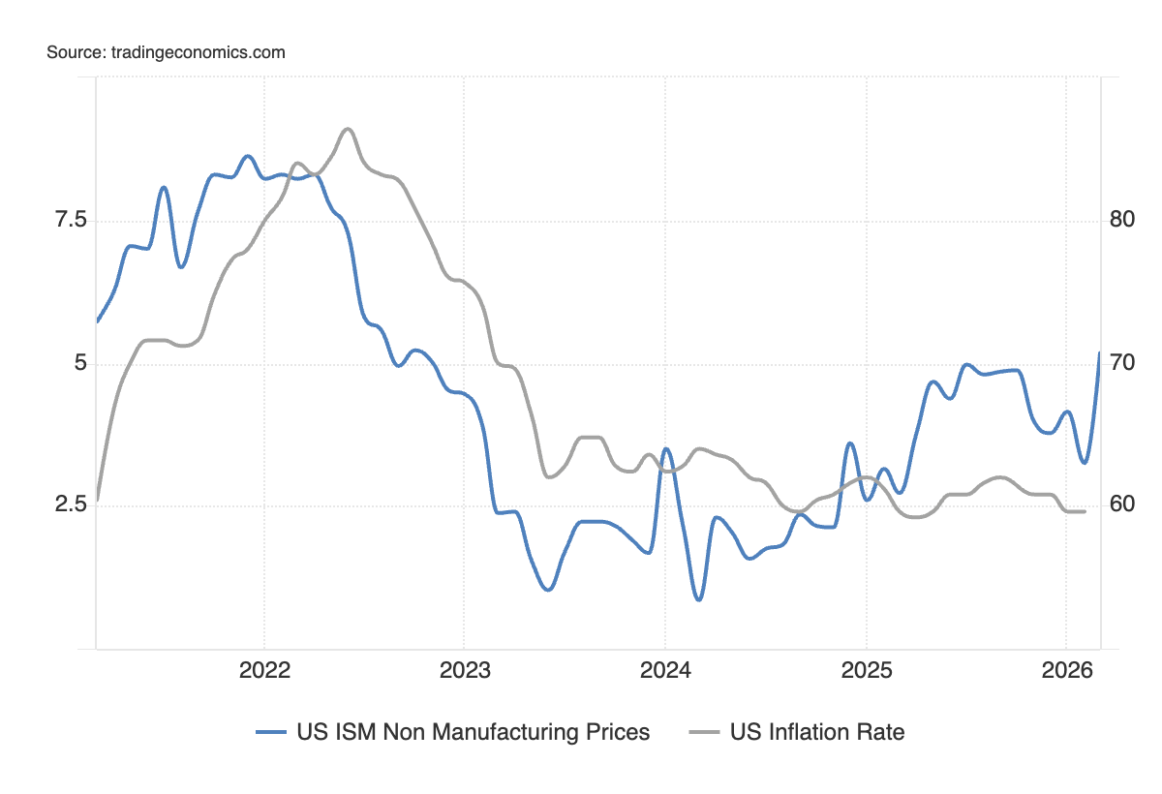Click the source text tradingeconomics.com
tap(166, 52)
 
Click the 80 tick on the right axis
tap(1122, 221)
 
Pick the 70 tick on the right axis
tap(1122, 364)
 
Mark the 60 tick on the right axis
tap(1122, 505)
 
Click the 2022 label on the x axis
tap(264, 670)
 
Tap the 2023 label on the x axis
tap(464, 670)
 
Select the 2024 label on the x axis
tap(664, 670)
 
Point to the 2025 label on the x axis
tap(866, 670)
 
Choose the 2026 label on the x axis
tap(1065, 670)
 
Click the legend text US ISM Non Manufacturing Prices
tap(474, 732)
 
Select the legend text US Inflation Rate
tap(817, 732)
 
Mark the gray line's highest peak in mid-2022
tap(348, 129)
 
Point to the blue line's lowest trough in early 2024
tap(698, 600)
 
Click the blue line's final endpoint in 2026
tap(1100, 352)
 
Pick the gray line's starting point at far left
tap(97, 500)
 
